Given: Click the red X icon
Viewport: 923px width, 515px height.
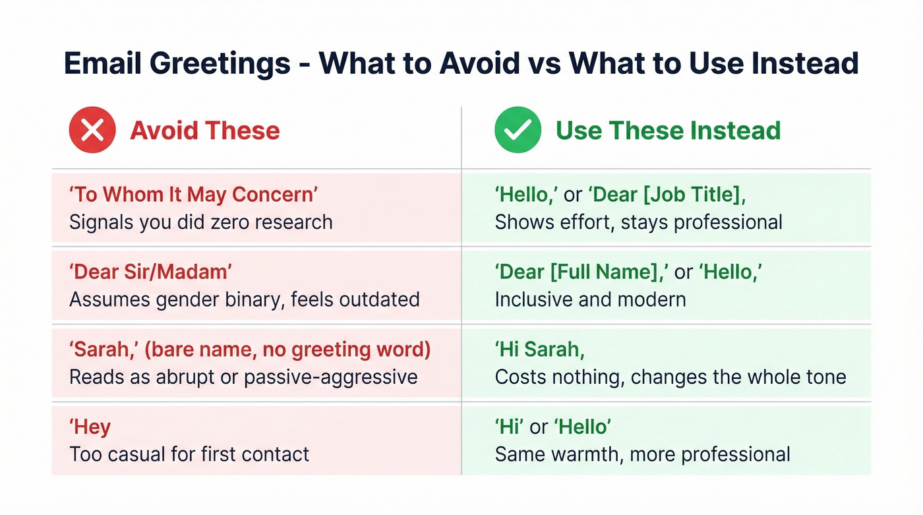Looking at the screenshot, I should (92, 130).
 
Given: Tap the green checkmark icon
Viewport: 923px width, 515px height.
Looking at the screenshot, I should (518, 130).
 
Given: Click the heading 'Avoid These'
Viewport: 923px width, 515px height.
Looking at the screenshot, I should (205, 131).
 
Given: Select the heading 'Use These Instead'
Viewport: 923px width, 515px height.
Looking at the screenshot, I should (669, 131).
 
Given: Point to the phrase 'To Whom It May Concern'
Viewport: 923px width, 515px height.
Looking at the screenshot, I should (194, 195).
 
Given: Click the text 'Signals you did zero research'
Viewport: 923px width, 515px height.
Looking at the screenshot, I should (200, 222).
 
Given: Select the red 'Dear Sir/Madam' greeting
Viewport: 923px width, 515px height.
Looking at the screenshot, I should (152, 271).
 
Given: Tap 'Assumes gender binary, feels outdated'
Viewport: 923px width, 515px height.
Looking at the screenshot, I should (244, 299).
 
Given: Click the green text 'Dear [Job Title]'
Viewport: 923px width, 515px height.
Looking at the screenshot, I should (667, 195).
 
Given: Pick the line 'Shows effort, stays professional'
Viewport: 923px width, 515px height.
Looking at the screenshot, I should (638, 222).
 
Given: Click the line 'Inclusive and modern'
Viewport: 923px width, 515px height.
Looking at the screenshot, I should (590, 299).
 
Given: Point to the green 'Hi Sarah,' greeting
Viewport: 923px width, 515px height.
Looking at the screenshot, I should (539, 349).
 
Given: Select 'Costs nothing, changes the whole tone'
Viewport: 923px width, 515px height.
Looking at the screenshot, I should (670, 377).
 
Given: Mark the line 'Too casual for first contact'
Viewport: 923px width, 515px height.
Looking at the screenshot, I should (189, 454).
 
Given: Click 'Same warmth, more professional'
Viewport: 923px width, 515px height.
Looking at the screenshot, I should (642, 454).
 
